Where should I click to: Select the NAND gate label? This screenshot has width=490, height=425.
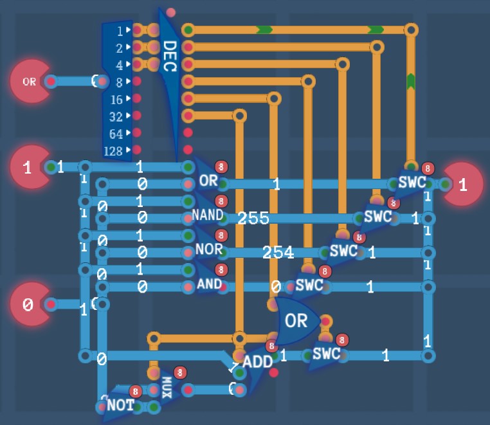pos(207,214)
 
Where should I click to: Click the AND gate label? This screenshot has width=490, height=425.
pos(209,284)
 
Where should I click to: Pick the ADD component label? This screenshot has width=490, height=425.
pos(258,361)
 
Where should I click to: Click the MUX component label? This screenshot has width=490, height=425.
pos(167,386)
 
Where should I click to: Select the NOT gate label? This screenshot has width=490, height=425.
pos(120,405)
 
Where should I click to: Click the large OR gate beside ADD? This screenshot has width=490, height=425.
pos(296,320)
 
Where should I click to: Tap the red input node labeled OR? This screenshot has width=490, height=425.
pos(29,82)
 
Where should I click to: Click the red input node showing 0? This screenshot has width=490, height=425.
pos(28,305)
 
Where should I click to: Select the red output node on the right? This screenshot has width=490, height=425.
pos(463,185)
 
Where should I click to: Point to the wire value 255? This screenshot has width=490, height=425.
pos(253,219)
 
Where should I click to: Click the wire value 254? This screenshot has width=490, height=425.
pos(278,253)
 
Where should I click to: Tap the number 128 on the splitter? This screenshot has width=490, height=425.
pos(113,152)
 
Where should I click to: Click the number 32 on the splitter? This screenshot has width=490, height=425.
pos(116,117)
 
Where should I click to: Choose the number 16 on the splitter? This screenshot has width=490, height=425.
pos(116,100)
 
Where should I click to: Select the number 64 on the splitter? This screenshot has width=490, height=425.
pos(116,134)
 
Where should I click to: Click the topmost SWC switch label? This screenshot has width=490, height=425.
pos(412,182)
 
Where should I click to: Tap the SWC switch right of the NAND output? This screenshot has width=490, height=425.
pos(377,216)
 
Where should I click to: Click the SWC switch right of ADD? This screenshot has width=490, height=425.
pos(326,354)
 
